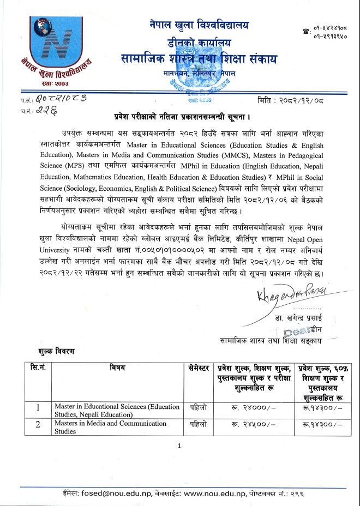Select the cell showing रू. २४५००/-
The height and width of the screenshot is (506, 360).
[252, 426]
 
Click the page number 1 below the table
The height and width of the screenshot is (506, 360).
[179, 447]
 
